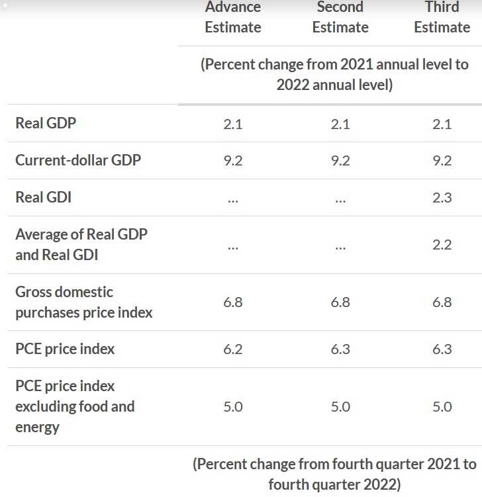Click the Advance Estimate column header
[x=233, y=17]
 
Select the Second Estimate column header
[x=340, y=17]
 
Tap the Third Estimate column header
[x=442, y=17]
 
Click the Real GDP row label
[x=46, y=123]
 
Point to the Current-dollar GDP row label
[x=78, y=160]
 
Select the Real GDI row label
[x=43, y=197]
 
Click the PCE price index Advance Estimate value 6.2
[x=233, y=349]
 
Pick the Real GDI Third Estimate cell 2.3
[x=442, y=197]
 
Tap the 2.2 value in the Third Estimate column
[x=442, y=245]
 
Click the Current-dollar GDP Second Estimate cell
[x=340, y=160]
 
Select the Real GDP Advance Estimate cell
[x=233, y=123]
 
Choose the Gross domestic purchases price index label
[x=84, y=302]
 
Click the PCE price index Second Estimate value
[x=340, y=349]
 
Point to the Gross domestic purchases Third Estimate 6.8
[x=442, y=302]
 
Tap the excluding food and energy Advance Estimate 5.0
[x=233, y=406]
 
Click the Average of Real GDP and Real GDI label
[x=81, y=244]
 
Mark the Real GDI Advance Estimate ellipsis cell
[x=233, y=199]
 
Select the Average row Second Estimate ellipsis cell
[x=340, y=246]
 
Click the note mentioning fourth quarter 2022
[x=334, y=474]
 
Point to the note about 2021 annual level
[x=334, y=75]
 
